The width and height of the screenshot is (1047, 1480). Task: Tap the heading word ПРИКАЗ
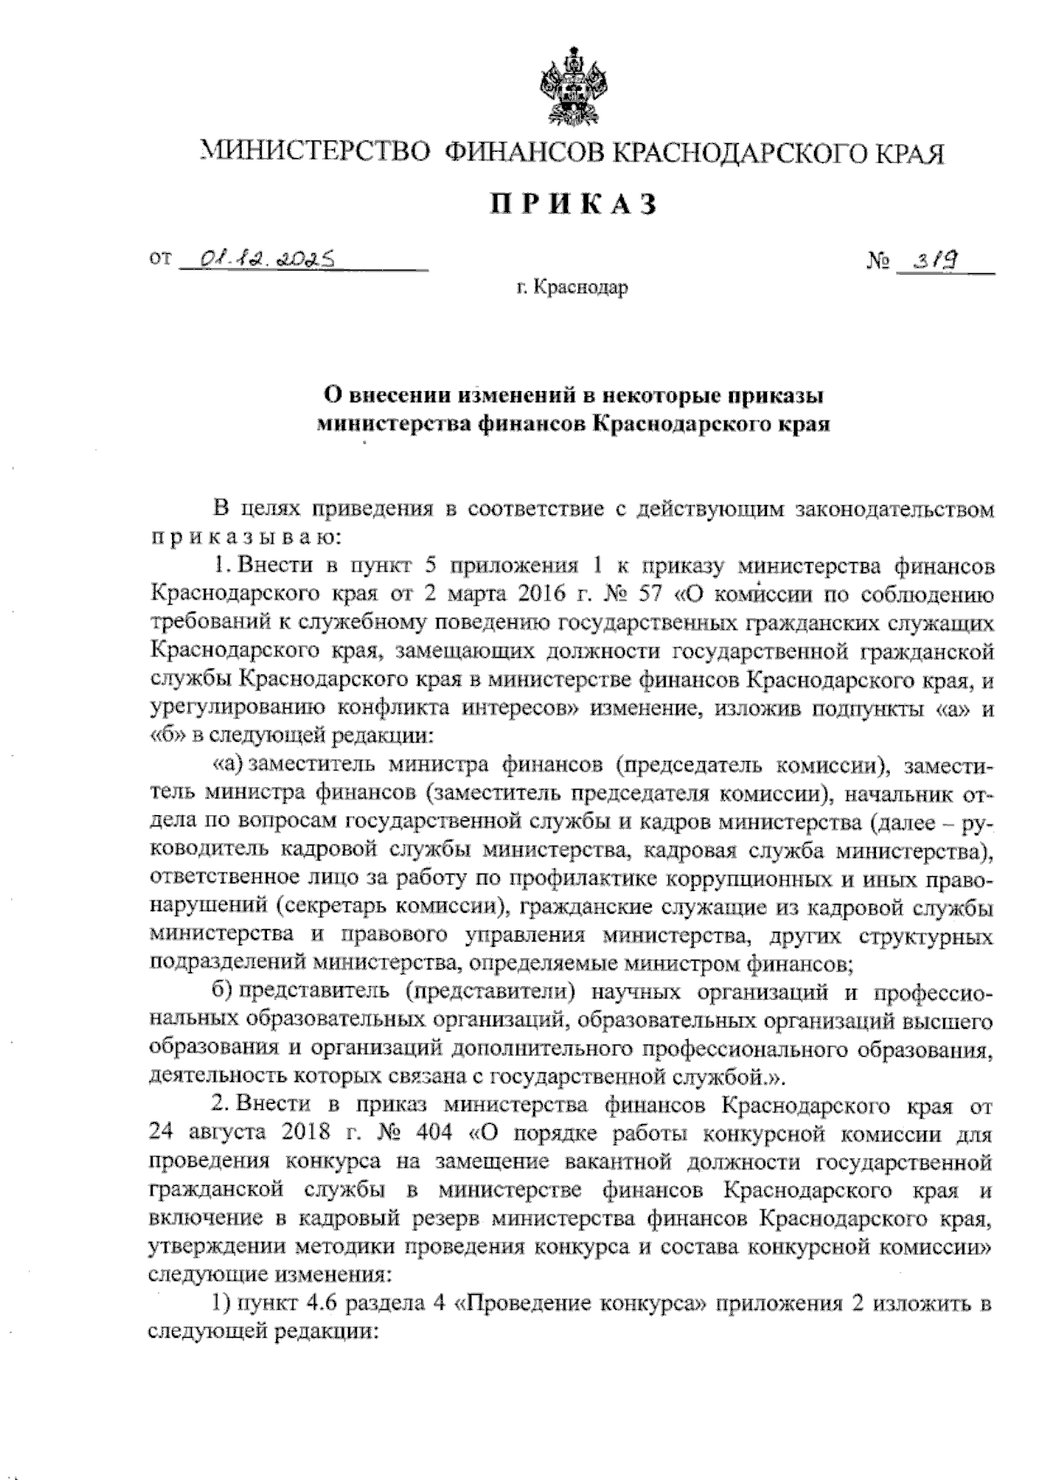[571, 206]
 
